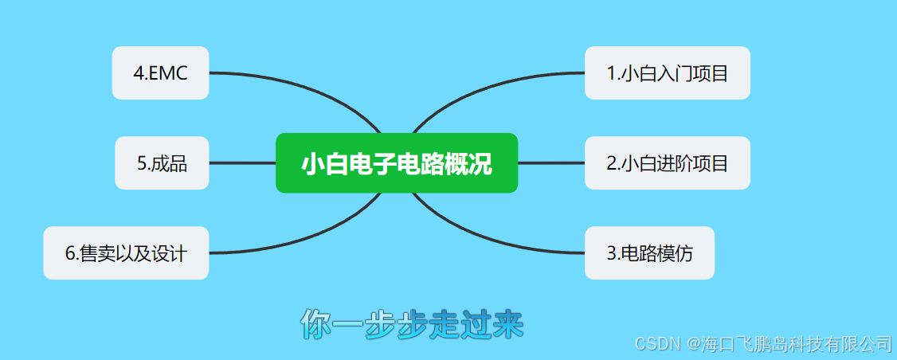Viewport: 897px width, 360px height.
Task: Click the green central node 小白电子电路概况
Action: tap(397, 163)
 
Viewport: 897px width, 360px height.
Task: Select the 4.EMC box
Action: tap(160, 73)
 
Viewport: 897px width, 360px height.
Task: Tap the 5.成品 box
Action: tap(162, 163)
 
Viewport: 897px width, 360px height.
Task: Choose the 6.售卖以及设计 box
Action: tap(126, 253)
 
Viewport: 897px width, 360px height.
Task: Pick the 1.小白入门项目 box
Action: tap(667, 73)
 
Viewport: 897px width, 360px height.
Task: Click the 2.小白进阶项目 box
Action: tap(667, 163)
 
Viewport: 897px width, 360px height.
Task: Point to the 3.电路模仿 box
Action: tap(649, 253)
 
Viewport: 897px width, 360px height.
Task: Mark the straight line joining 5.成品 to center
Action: tap(242, 163)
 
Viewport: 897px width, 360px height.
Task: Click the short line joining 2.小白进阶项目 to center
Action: tap(551, 163)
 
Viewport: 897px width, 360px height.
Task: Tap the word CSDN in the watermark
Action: tap(653, 343)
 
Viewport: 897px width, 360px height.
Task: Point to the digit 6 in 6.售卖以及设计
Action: tap(69, 254)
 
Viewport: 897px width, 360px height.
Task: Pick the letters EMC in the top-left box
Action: tap(169, 73)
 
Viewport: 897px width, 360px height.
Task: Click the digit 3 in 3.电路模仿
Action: tap(611, 254)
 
